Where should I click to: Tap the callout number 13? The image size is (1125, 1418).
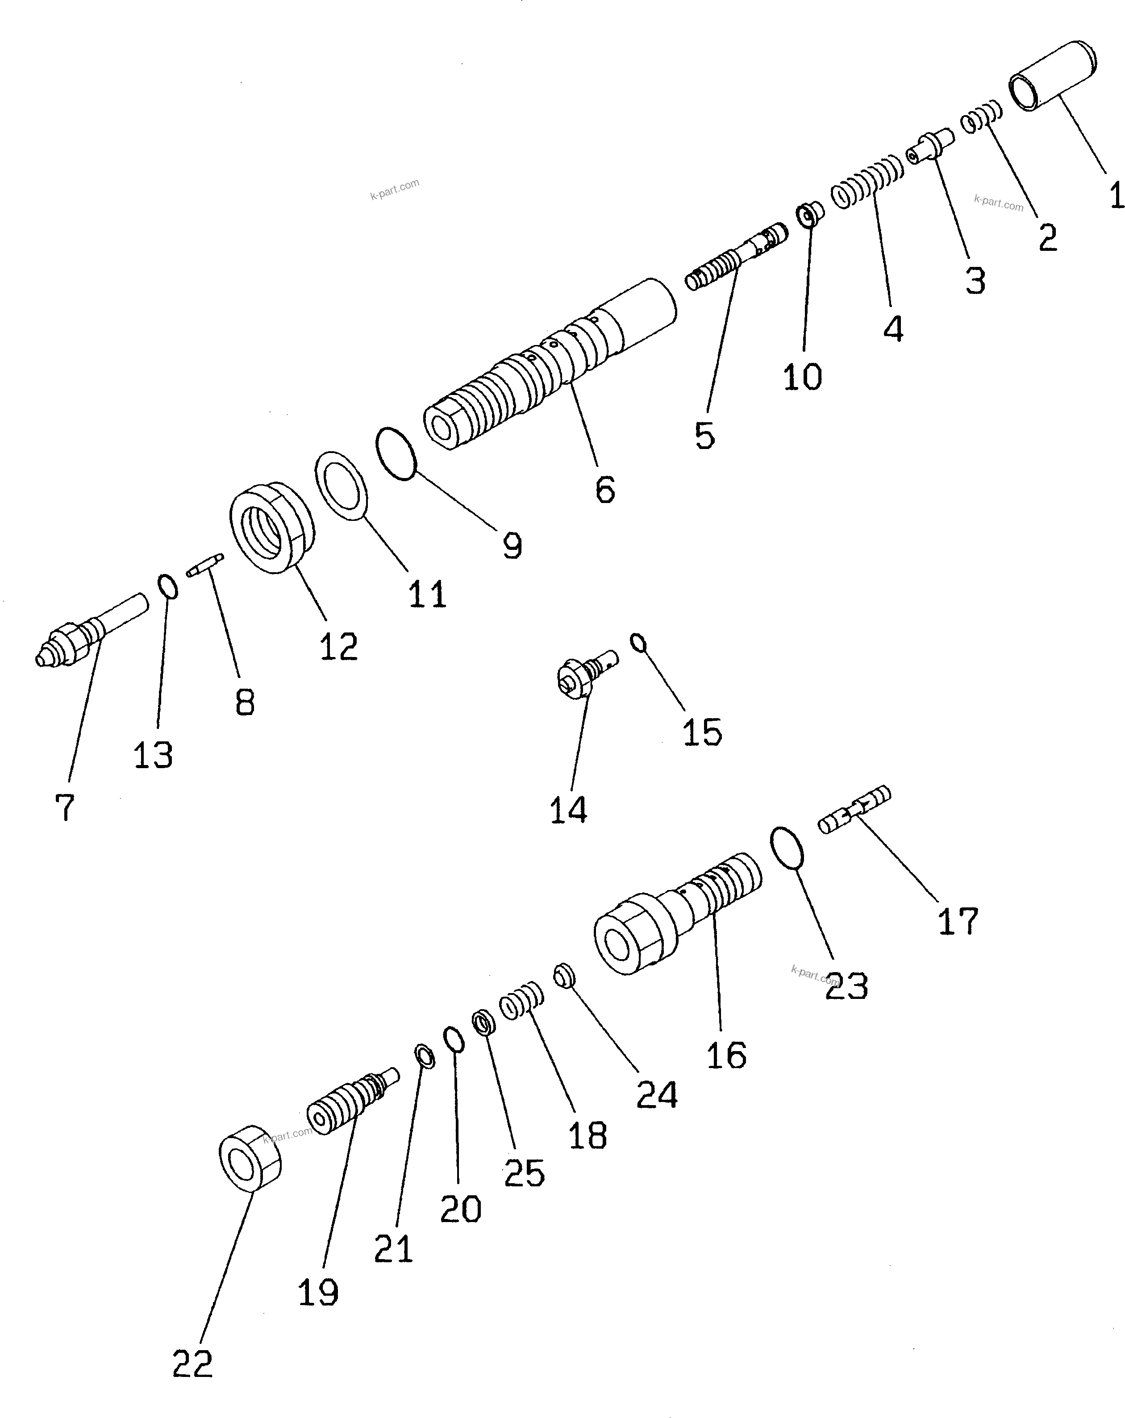(153, 755)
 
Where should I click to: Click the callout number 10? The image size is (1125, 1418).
(802, 377)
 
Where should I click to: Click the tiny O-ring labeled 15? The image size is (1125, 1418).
(638, 642)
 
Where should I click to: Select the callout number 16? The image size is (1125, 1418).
(725, 1056)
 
